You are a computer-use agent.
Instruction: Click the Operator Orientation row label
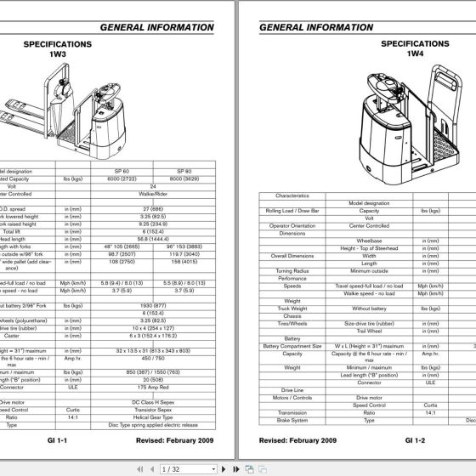(x=292, y=225)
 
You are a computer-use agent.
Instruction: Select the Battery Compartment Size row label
(x=292, y=345)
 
